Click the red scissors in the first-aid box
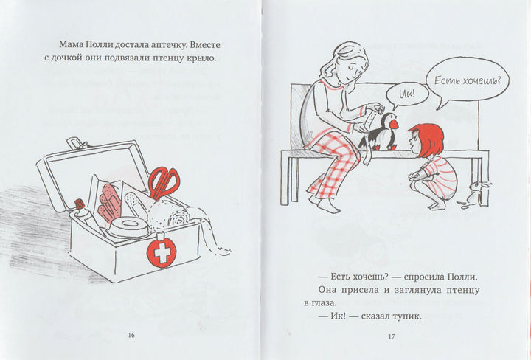(x=164, y=183)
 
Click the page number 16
(x=131, y=335)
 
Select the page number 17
(x=392, y=336)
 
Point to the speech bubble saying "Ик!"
(x=406, y=94)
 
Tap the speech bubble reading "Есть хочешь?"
(x=468, y=80)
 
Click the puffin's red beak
(x=394, y=125)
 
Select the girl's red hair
(x=427, y=139)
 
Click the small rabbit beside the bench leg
(x=475, y=195)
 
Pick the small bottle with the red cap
(x=83, y=211)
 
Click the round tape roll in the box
(x=128, y=227)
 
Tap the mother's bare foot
(x=328, y=206)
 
